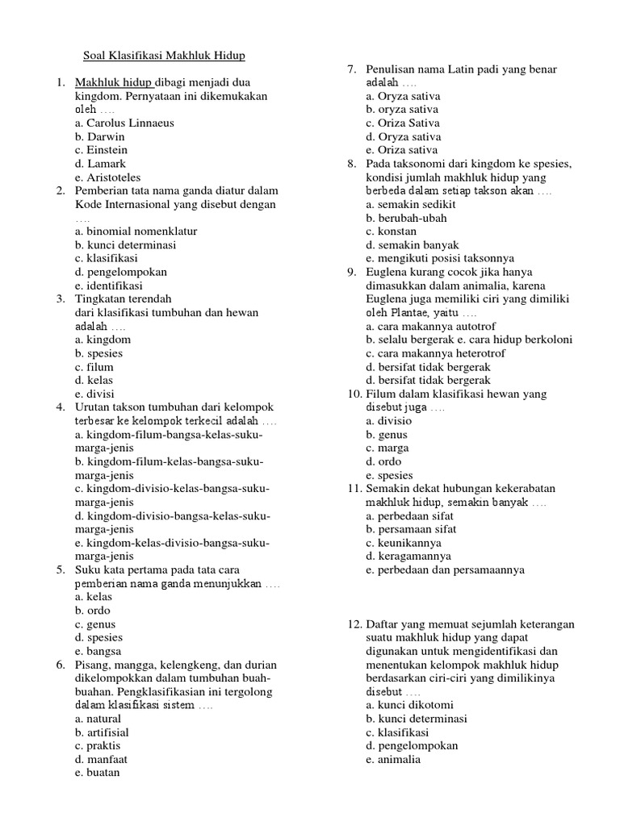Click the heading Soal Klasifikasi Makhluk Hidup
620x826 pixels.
coord(164,56)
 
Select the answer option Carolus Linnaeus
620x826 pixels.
coord(124,123)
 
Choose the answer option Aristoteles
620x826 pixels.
coord(107,177)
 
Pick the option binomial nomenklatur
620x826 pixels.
coord(136,231)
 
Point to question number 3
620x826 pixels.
coord(60,298)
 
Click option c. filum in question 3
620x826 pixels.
coord(94,366)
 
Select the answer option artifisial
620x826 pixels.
coord(102,732)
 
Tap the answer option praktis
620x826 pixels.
coord(98,745)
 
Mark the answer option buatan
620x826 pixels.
coord(97,772)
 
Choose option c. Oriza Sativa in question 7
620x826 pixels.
coord(402,123)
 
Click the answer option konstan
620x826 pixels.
coord(392,231)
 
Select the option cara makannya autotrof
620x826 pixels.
coord(424,326)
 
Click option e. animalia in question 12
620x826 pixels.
coord(392,758)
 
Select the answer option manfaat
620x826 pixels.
coord(101,758)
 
